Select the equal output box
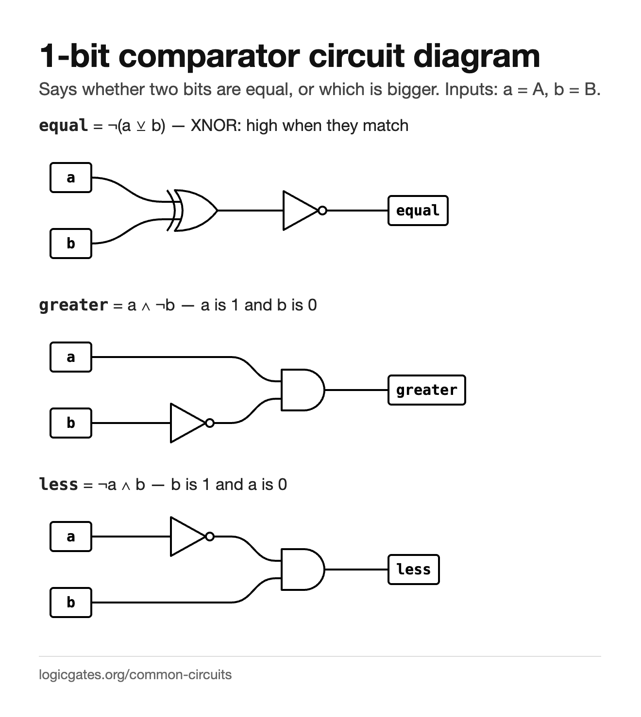pos(418,211)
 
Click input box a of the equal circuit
pos(71,178)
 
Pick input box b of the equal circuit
pos(71,244)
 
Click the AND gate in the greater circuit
pos(303,391)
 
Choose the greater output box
pos(427,391)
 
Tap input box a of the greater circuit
pos(71,357)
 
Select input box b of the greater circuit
pos(71,424)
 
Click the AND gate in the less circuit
pos(303,570)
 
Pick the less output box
pos(414,570)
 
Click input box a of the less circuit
pos(71,537)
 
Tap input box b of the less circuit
pos(71,603)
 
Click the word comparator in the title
pos(209,57)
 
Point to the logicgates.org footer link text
pos(135,675)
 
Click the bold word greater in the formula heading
pos(73,306)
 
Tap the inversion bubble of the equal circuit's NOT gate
pos(322,211)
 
